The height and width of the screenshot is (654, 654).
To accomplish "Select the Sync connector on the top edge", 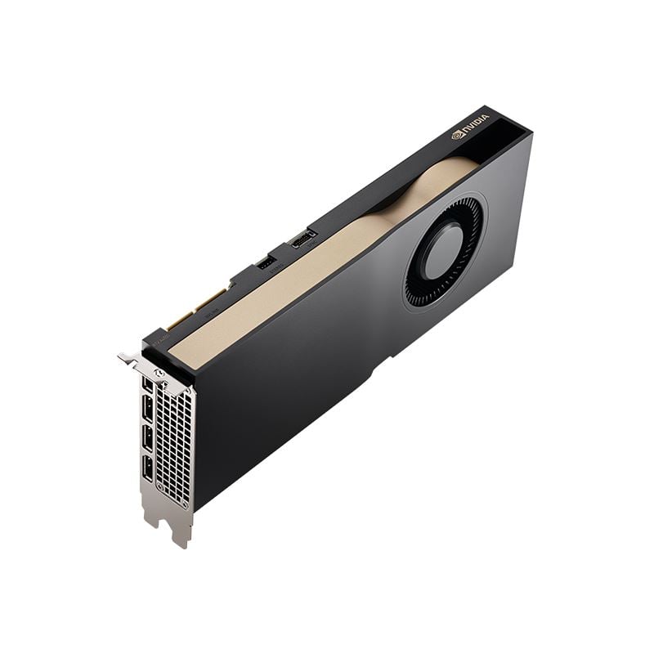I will pos(303,239).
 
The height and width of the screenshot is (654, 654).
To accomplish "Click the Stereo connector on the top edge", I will pos(266,262).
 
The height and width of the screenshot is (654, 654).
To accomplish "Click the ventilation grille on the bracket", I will pos(173,446).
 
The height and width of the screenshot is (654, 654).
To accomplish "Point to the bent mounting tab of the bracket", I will pos(128,357).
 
